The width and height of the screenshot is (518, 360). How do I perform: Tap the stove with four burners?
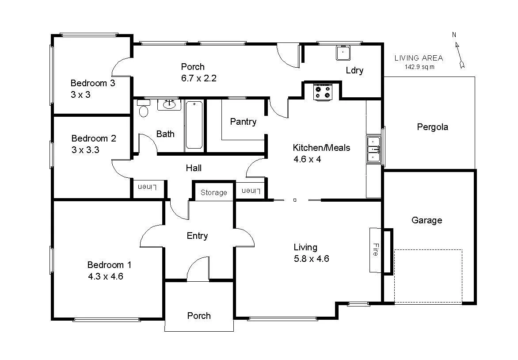tap(322, 92)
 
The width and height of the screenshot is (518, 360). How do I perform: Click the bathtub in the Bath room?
tap(194, 125)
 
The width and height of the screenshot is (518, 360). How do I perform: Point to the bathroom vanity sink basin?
tap(169, 105)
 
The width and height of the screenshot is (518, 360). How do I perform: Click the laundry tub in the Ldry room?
tap(343, 53)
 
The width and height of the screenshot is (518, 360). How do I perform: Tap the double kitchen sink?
tap(373, 150)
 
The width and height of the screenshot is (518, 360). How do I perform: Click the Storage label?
tap(214, 193)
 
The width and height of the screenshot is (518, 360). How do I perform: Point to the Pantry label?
tap(243, 122)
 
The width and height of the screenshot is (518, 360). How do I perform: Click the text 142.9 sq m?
tap(419, 67)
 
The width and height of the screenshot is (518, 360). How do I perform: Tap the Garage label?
tap(427, 220)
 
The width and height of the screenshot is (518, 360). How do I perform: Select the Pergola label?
tap(432, 127)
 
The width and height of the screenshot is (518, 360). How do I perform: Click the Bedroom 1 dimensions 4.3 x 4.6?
tap(105, 277)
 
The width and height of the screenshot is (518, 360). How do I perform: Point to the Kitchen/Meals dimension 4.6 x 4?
tap(307, 159)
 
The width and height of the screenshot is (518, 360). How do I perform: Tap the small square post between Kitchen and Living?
tap(295, 200)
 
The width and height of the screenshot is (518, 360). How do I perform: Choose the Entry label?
tap(197, 236)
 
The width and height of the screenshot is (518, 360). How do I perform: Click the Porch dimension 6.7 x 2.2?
tap(198, 78)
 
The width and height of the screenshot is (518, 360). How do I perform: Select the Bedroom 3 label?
tap(93, 83)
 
